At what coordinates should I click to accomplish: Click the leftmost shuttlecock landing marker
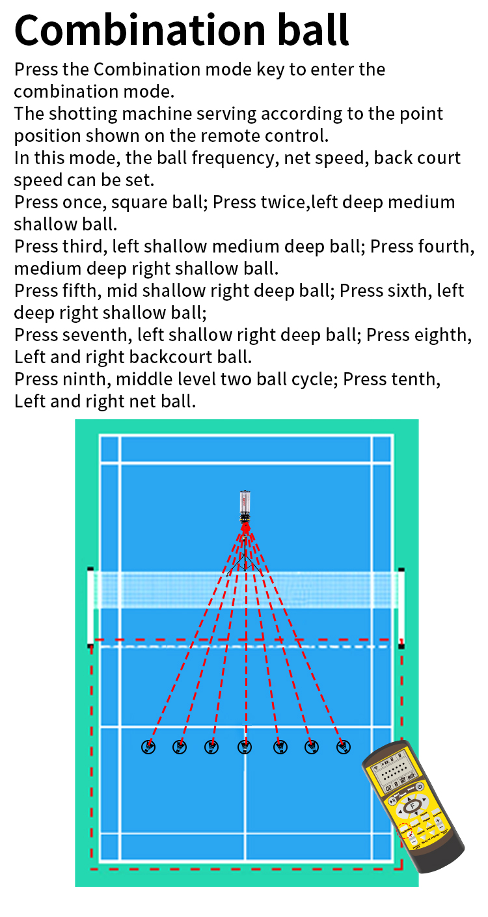[148, 747]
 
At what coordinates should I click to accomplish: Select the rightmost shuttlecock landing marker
[344, 747]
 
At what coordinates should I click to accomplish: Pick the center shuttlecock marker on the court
[245, 747]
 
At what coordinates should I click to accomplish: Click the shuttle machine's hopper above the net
[245, 502]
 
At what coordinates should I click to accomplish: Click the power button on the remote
[420, 786]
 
